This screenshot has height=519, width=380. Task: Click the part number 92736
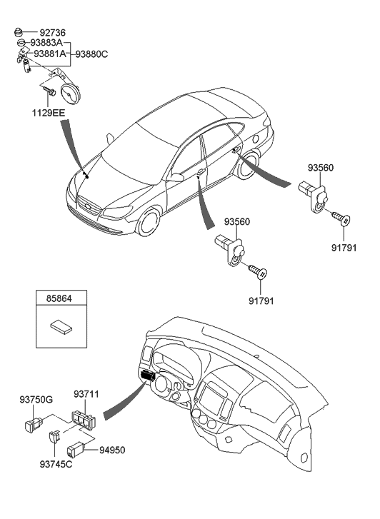click(54, 32)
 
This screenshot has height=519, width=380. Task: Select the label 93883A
click(46, 43)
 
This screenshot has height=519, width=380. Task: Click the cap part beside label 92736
click(21, 32)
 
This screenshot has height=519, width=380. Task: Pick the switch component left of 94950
click(77, 450)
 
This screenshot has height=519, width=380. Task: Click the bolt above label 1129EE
click(49, 91)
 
